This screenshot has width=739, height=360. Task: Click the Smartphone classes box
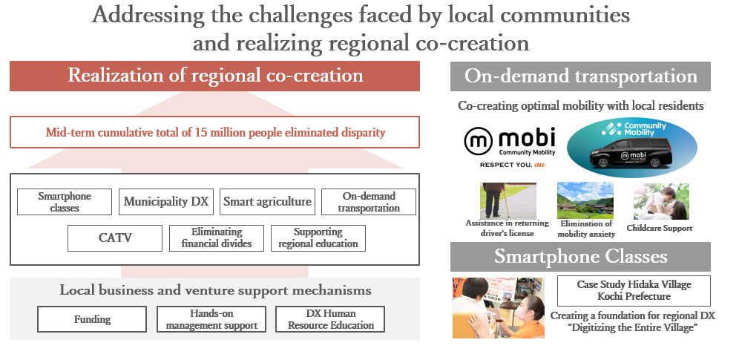[65, 202]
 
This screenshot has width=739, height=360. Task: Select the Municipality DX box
[166, 202]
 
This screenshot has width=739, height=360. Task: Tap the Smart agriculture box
[267, 202]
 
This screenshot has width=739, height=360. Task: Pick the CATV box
[115, 238]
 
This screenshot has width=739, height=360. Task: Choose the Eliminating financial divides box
[217, 238]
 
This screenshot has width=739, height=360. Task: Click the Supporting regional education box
[318, 238]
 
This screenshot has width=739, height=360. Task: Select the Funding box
[92, 319]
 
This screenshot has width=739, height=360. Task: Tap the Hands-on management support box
[211, 319]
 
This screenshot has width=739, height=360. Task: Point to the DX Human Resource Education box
[330, 319]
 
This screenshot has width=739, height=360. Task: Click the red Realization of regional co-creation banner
[214, 76]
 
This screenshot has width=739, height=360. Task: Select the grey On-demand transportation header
[580, 76]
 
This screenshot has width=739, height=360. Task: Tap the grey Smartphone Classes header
[580, 257]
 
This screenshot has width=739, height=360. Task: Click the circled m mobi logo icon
[478, 141]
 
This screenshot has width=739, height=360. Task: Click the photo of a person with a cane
[508, 200]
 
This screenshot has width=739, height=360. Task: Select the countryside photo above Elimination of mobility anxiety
[585, 200]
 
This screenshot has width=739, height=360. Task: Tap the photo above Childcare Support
[661, 201]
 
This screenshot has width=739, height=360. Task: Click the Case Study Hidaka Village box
[634, 291]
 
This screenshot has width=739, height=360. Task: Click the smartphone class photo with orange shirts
[498, 308]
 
